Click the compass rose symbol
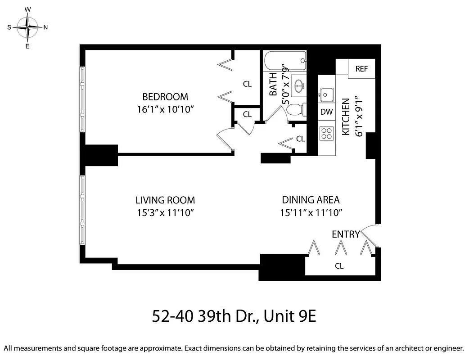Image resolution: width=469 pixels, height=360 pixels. pos(28,27)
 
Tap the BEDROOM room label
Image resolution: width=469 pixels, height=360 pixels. pos(165,97)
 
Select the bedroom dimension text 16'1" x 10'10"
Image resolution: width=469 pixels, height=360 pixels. pos(165,109)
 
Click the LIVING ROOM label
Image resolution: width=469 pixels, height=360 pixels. pos(165,200)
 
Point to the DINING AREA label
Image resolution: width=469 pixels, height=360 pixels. pos(311,200)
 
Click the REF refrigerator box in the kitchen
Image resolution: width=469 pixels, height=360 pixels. pos(361,69)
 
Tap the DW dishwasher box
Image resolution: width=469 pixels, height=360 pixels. pos(326,112)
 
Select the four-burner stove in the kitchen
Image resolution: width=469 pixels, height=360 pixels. pos(326,133)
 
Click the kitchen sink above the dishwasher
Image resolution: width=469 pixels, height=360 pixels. pos(326,94)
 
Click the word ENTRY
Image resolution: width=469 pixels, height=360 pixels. pos(346,234)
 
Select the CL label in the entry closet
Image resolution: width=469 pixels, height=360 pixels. pos(339,266)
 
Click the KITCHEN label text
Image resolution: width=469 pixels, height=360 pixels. pos(346,117)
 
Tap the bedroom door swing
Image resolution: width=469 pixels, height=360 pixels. pos(225,138)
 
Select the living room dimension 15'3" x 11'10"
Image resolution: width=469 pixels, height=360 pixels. pos(165,212)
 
